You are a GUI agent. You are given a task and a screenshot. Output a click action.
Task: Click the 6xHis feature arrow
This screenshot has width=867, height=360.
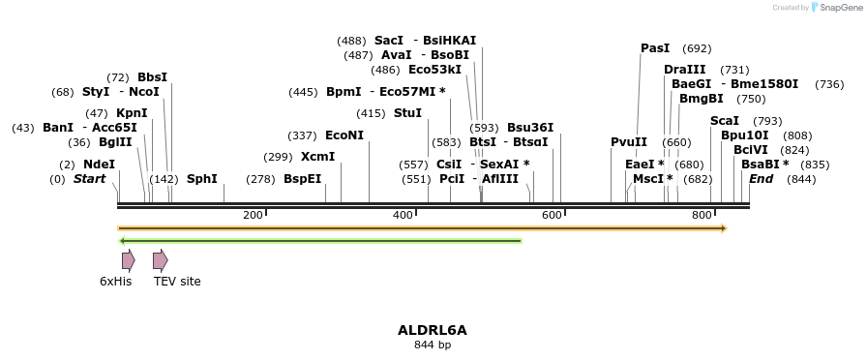128,259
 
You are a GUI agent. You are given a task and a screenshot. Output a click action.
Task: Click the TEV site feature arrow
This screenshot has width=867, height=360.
160,259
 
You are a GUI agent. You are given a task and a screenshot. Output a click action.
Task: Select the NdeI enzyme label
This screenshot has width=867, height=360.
99,165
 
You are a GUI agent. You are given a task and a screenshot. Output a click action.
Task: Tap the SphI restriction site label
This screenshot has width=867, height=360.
201,179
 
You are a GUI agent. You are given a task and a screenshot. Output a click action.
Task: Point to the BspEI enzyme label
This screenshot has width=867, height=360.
302,179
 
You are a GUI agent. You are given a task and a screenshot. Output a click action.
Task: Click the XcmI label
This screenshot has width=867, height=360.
317,157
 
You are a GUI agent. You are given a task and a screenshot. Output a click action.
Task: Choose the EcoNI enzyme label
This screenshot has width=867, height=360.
344,135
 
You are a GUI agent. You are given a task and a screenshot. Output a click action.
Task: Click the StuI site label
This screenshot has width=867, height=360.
407,113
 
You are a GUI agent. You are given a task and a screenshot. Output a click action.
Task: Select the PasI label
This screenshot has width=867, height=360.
655,48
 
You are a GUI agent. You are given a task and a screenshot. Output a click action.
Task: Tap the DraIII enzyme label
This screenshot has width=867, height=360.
685,70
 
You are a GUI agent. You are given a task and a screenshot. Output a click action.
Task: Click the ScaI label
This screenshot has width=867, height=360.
725,121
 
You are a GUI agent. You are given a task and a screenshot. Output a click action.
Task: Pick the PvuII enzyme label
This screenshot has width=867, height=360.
629,142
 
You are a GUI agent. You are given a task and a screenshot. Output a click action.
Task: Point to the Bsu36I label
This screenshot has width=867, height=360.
530,128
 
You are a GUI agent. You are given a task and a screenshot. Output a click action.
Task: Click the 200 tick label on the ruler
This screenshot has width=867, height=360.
254,215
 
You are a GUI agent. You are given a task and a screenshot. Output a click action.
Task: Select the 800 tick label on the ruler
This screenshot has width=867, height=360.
703,215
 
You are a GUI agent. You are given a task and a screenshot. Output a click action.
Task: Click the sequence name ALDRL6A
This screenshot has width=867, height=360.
433,330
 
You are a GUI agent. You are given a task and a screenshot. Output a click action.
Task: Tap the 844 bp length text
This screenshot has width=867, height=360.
433,345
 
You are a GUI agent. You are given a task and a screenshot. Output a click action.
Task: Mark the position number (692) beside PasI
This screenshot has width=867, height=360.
697,48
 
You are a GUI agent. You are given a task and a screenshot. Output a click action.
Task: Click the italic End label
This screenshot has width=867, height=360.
762,179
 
